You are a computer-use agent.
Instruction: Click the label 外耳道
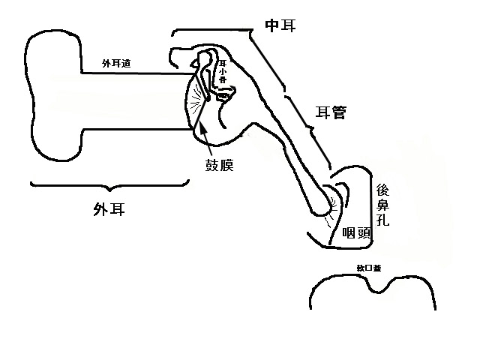pos(121,64)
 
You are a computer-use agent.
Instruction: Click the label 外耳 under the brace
pos(109,210)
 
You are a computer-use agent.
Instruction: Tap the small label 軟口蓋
pos(368,267)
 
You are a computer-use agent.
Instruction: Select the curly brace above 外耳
pos(109,185)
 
